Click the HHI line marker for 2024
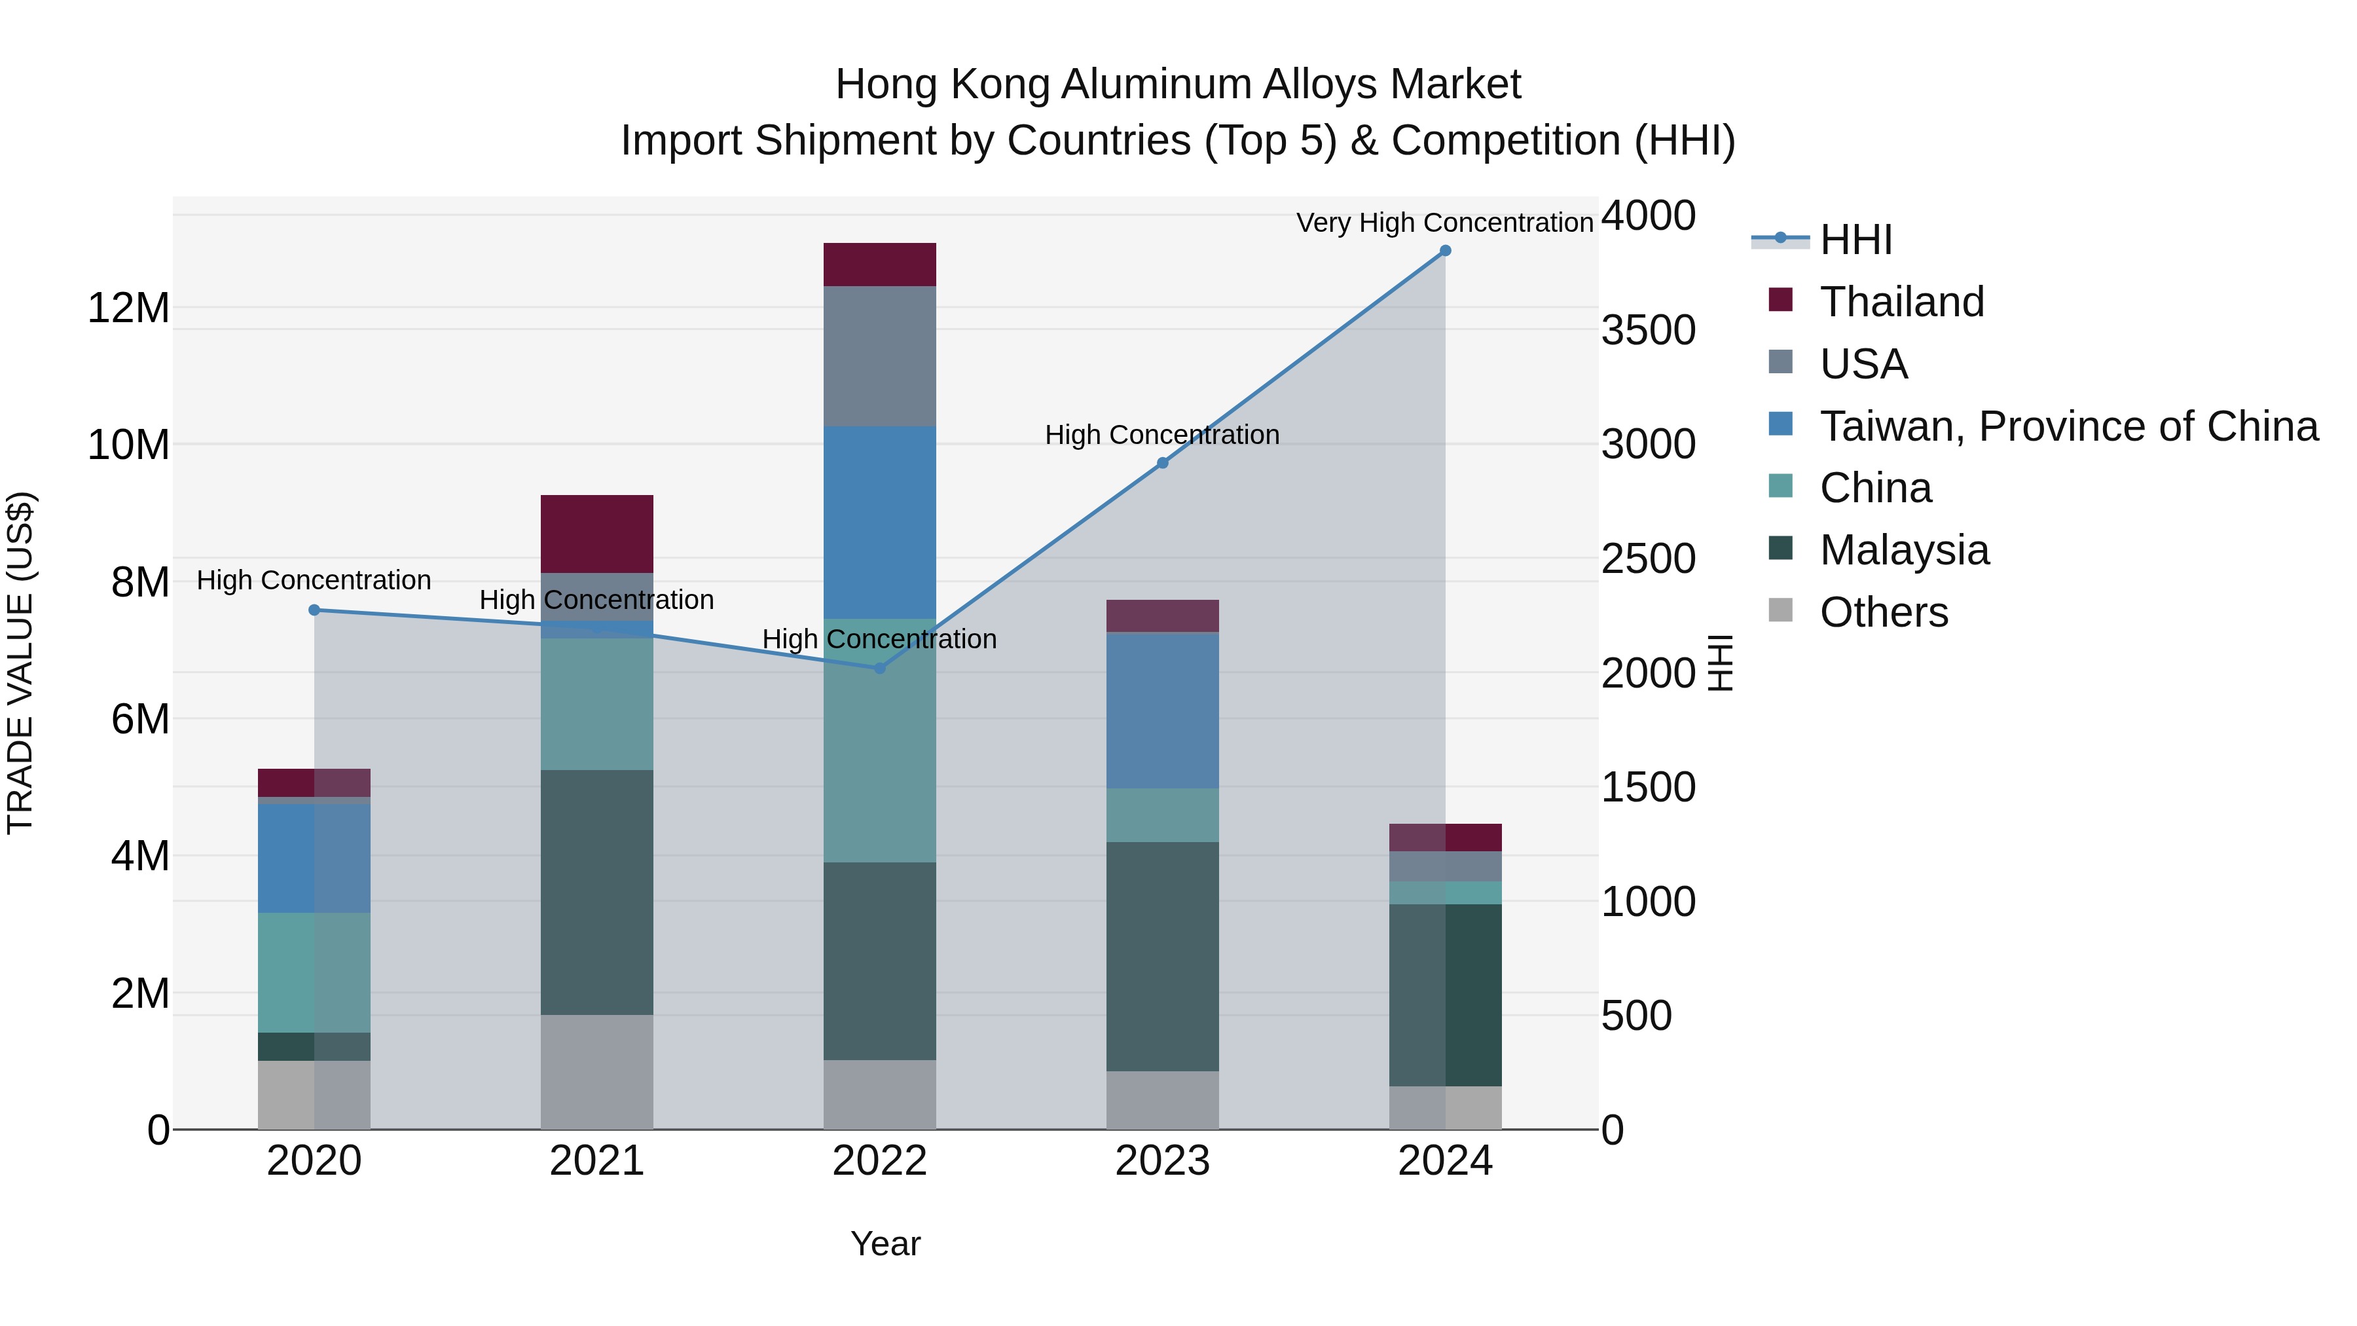pos(1445,251)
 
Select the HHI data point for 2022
pos(879,668)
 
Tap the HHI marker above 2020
pos(314,610)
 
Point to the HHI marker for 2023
pos(1162,463)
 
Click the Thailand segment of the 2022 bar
pos(879,265)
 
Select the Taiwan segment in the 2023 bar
pos(1162,710)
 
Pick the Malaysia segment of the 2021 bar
pos(596,893)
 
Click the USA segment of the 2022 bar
pos(879,356)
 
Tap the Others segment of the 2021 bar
pos(596,1071)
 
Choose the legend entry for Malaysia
pos(1903,550)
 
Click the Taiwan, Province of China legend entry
pos(2068,426)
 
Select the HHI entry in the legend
pos(1855,240)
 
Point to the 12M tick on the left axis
pos(128,308)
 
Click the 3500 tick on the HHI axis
pos(1648,331)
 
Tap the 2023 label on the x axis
pos(1162,1161)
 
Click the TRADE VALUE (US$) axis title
pos(20,663)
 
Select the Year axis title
pos(885,1243)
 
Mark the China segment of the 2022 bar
pos(879,741)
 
